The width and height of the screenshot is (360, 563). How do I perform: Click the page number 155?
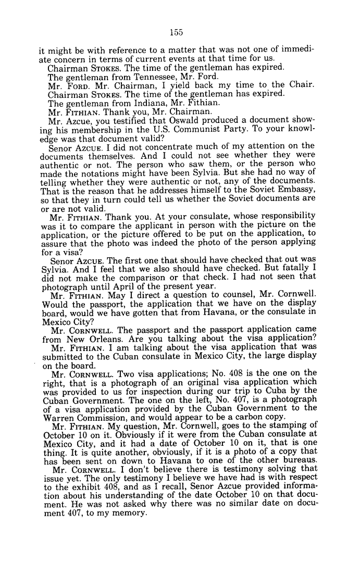click(176, 32)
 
